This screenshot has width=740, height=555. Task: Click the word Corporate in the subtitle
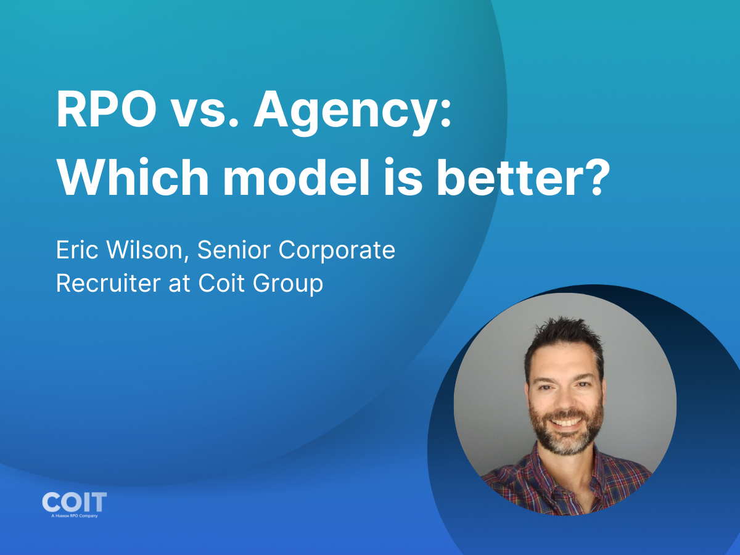337,251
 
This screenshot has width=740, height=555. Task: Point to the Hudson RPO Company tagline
74,515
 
